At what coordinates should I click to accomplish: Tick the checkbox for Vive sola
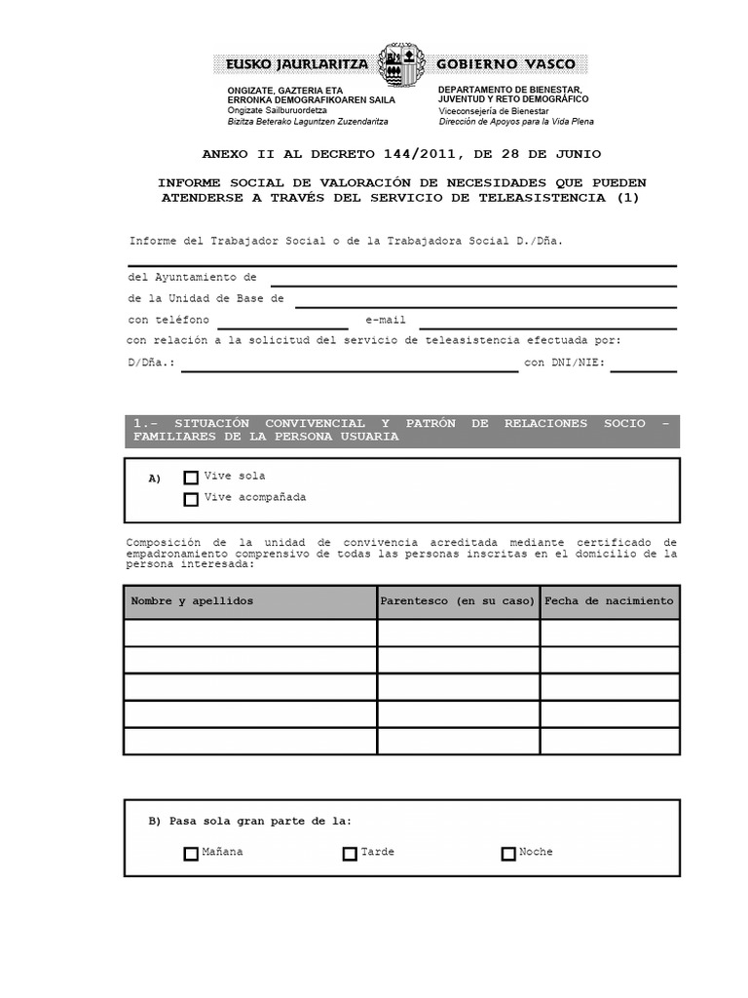[191, 478]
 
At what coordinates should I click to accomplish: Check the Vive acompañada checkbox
[191, 499]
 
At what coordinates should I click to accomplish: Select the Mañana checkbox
[191, 854]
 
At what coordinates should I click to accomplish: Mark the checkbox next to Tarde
[350, 854]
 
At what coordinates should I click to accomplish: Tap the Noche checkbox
[508, 854]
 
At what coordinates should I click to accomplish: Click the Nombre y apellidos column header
[192, 601]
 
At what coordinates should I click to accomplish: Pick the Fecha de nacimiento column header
[609, 601]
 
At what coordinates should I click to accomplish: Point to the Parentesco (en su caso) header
[458, 601]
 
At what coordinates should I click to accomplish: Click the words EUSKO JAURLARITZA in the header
[297, 65]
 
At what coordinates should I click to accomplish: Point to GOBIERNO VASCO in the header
[505, 65]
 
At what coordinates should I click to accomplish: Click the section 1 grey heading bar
[401, 430]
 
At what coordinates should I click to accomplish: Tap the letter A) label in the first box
[154, 479]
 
